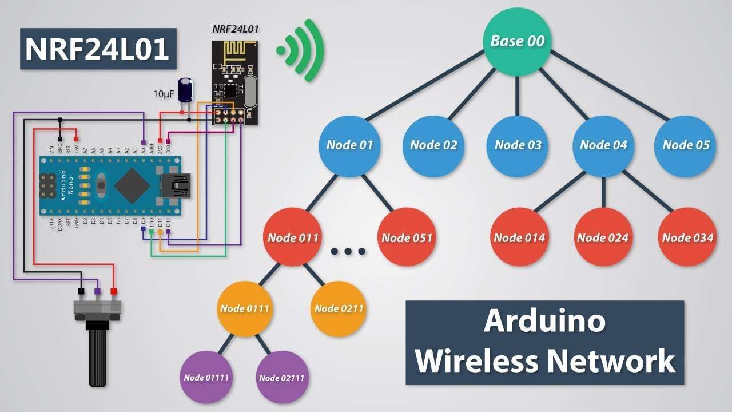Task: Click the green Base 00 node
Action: click(x=518, y=42)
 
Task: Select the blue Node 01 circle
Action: click(x=349, y=145)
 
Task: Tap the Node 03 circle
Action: click(x=518, y=145)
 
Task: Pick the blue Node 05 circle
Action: click(x=685, y=145)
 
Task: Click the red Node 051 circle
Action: click(x=407, y=237)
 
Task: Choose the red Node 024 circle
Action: click(x=602, y=237)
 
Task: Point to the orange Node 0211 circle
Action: click(x=339, y=309)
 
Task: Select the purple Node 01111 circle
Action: click(x=206, y=378)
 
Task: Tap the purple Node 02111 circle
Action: click(x=282, y=378)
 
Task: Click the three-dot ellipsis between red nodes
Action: click(x=348, y=251)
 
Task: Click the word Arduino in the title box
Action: click(x=544, y=320)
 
